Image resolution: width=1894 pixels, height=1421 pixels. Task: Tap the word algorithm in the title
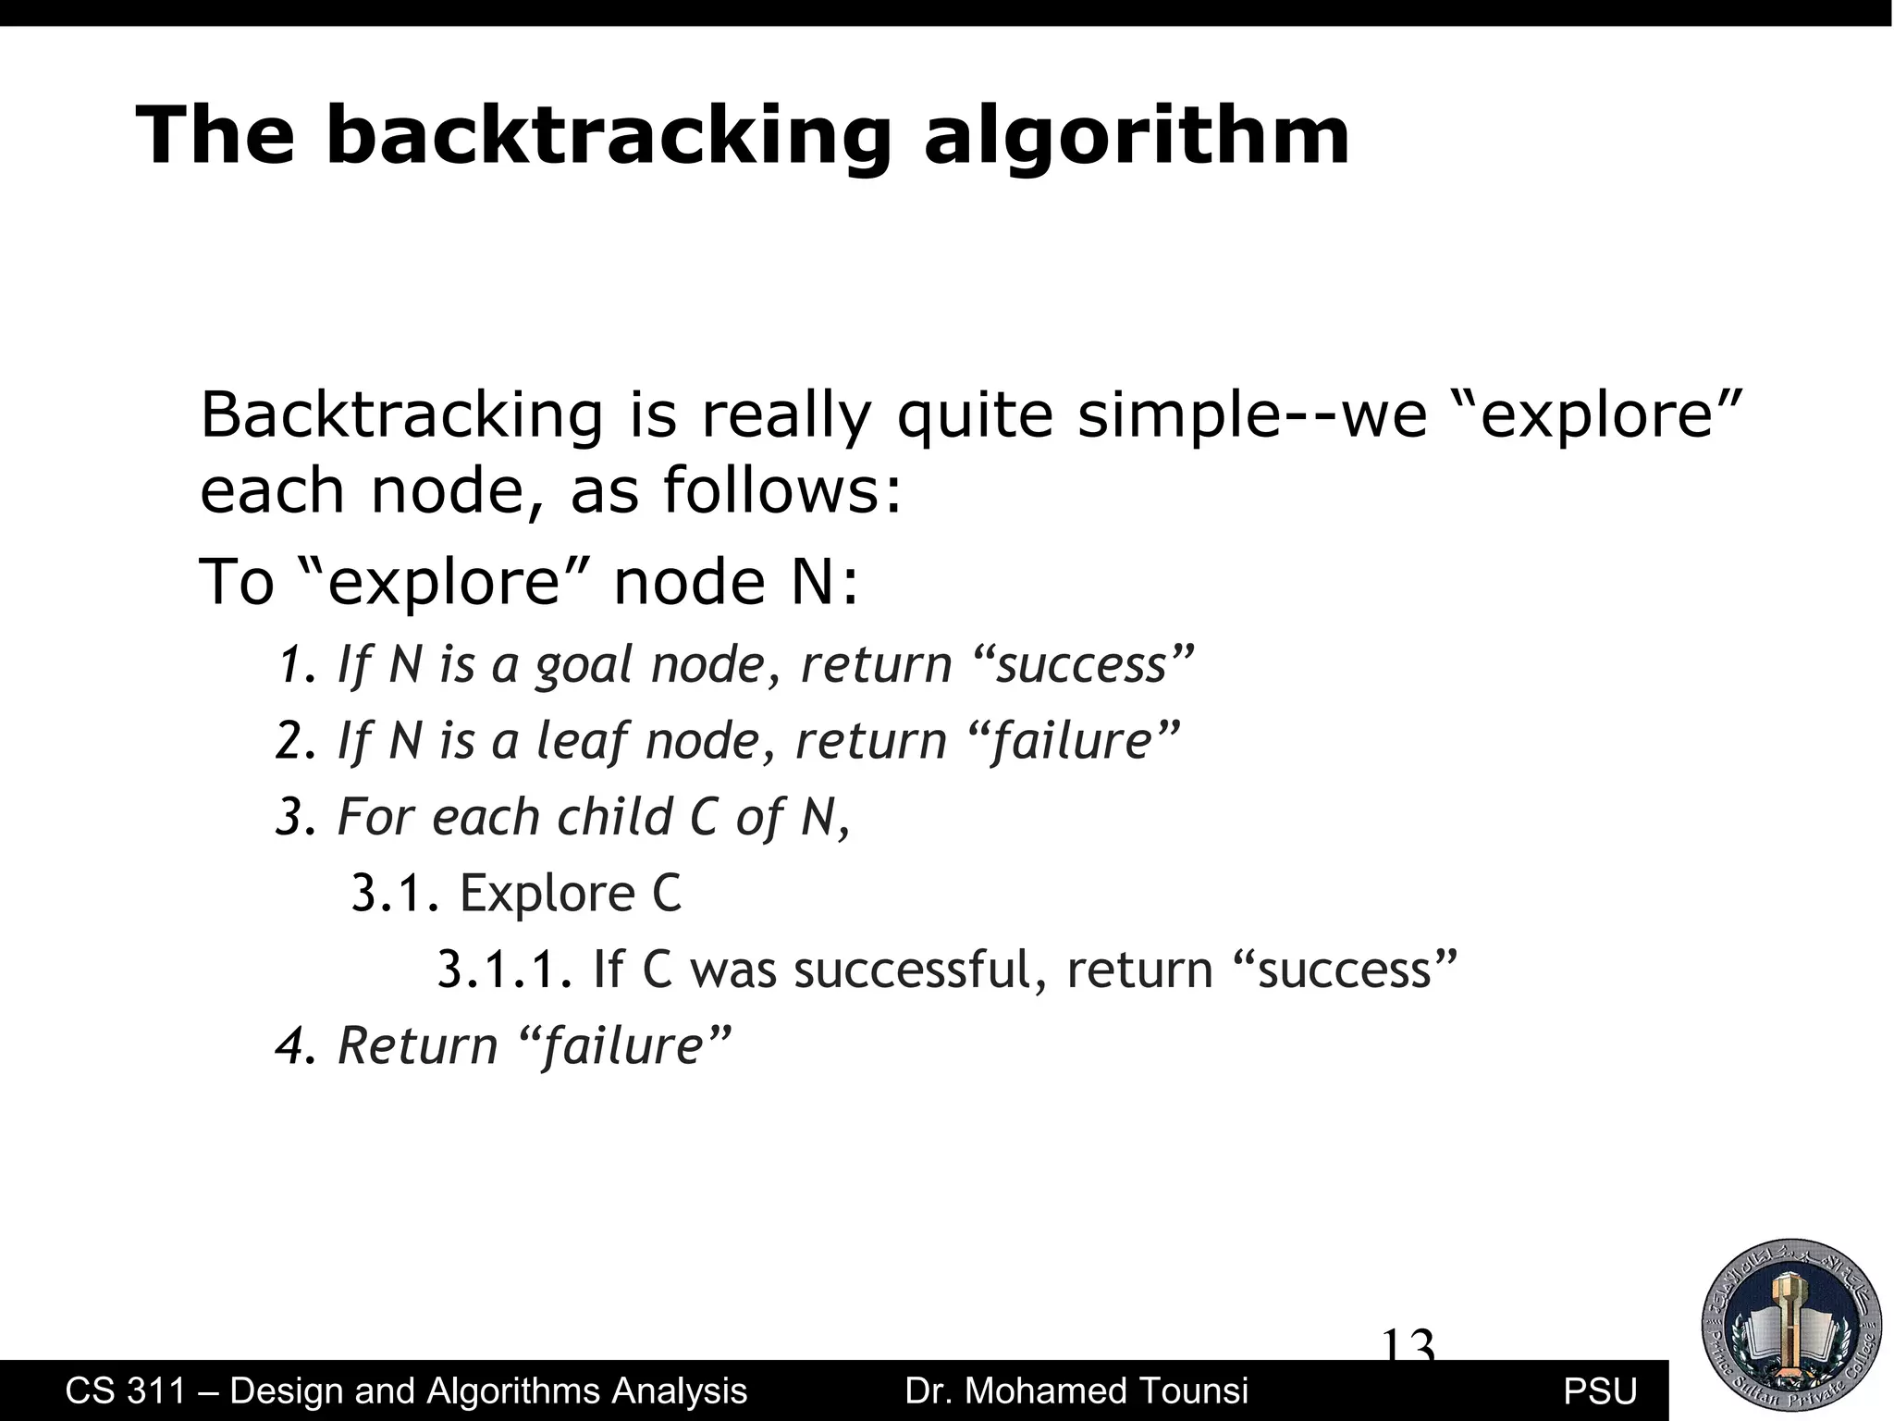pos(1137,138)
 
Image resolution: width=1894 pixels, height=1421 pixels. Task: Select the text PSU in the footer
pos(1599,1391)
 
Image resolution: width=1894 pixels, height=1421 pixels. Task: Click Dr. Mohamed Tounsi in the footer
pos(1076,1390)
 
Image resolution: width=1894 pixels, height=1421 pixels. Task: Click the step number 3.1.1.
pos(505,970)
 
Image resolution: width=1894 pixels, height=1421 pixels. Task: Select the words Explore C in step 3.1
pos(570,894)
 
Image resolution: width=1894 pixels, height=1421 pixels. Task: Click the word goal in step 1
pos(585,666)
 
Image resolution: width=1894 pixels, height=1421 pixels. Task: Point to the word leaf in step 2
pos(583,741)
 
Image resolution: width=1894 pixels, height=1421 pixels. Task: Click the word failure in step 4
pos(624,1046)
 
